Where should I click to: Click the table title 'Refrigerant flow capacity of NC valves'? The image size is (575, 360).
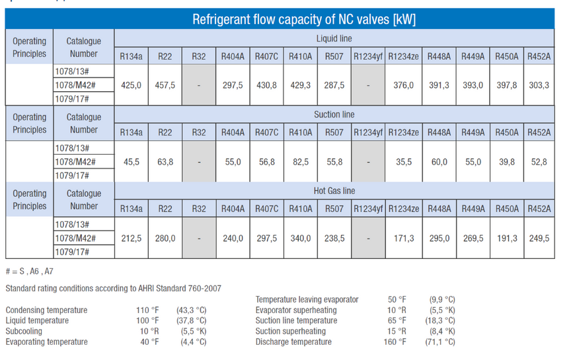tap(304, 19)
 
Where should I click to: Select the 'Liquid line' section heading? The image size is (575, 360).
tap(334, 38)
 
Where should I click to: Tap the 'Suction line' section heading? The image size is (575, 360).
tap(334, 114)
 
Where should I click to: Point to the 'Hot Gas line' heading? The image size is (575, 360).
tap(334, 191)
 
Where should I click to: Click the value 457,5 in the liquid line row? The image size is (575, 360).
tap(165, 85)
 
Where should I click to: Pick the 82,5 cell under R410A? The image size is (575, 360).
tap(301, 162)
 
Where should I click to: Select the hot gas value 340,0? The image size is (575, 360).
tap(301, 238)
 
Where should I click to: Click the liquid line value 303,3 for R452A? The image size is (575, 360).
tap(539, 85)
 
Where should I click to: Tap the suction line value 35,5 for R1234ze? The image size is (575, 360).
tap(404, 162)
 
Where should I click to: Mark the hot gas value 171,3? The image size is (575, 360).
tap(404, 238)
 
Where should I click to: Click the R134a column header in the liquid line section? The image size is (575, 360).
tap(132, 56)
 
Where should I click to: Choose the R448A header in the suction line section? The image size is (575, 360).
tap(440, 132)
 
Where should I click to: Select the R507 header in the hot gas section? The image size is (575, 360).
tap(334, 209)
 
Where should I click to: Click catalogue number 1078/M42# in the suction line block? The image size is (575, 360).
tap(75, 162)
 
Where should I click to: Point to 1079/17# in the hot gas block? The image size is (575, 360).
tap(72, 252)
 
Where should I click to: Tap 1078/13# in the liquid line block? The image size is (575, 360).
tap(72, 71)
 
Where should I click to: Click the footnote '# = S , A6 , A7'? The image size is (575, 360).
tap(29, 271)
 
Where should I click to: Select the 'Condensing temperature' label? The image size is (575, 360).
tap(46, 310)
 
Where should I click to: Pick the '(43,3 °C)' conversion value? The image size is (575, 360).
tap(192, 310)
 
